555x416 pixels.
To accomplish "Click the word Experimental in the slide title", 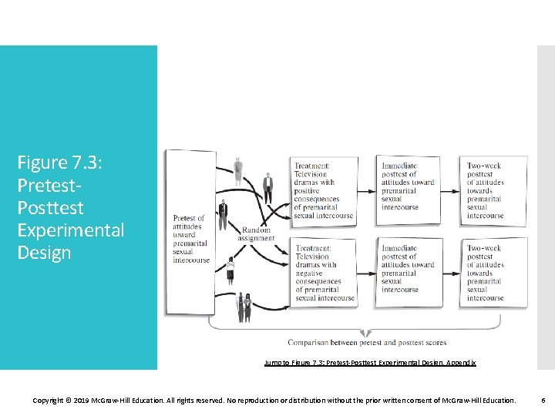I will point(71,230).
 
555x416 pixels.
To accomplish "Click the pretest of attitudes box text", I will point(190,239).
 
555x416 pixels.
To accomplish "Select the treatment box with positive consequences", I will point(324,190).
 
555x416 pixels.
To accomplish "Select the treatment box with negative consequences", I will point(325,273).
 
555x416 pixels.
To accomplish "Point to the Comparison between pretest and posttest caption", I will point(367,343).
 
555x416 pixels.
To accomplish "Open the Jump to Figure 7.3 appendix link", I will point(370,362).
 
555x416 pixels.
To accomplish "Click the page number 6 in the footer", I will point(543,401).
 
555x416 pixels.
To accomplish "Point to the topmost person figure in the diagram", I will point(239,168).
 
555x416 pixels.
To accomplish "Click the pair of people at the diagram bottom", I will point(244,307).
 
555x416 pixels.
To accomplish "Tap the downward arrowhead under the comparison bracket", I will point(367,332).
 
